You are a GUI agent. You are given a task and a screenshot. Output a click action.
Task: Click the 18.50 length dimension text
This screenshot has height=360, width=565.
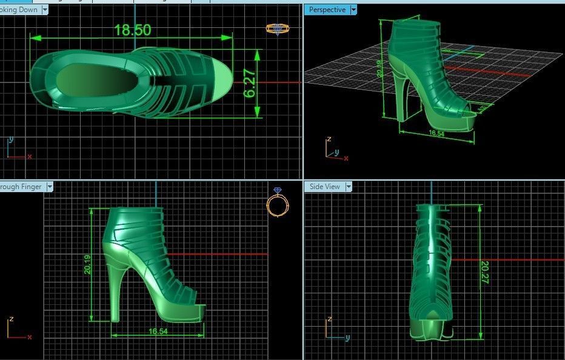point(132,30)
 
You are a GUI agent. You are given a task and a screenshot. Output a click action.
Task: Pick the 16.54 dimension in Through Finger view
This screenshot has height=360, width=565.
point(158,332)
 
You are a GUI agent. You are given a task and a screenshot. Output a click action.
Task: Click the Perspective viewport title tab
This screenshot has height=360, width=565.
point(327,10)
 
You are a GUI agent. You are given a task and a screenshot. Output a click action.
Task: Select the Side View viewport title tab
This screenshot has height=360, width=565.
point(325,187)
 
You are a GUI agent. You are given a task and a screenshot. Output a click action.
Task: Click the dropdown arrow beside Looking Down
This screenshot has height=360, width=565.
point(45,10)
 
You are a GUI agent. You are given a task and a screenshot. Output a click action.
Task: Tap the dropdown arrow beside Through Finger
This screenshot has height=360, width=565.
point(50,187)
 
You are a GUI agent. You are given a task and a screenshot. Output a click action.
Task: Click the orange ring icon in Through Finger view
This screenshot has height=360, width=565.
point(276,204)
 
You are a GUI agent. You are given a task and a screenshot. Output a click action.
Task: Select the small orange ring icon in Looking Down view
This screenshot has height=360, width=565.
point(276,28)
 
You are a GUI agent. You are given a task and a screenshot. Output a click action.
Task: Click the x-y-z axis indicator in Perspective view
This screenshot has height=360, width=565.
point(335,150)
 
